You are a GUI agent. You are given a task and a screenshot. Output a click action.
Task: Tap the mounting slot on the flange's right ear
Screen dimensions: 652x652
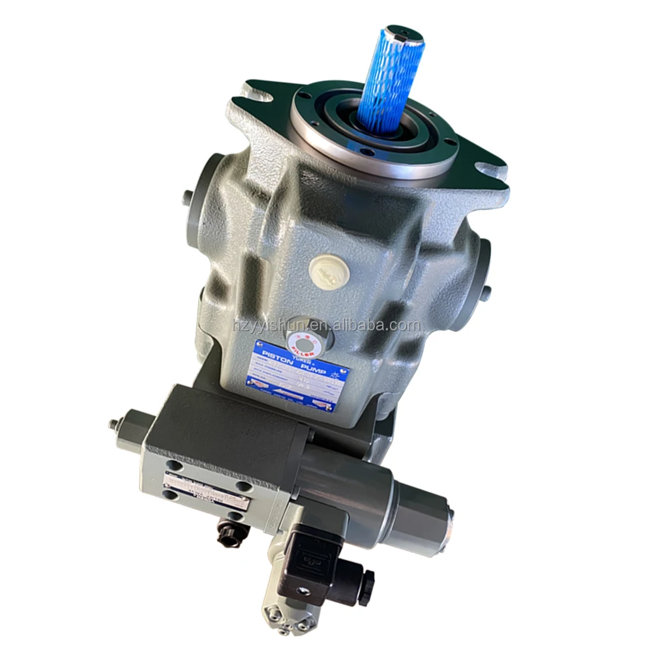point(490,169)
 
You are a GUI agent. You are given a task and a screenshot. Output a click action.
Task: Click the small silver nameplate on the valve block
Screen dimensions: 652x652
point(206,491)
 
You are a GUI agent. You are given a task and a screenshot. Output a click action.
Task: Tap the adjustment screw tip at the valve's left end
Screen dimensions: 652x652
point(112,424)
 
